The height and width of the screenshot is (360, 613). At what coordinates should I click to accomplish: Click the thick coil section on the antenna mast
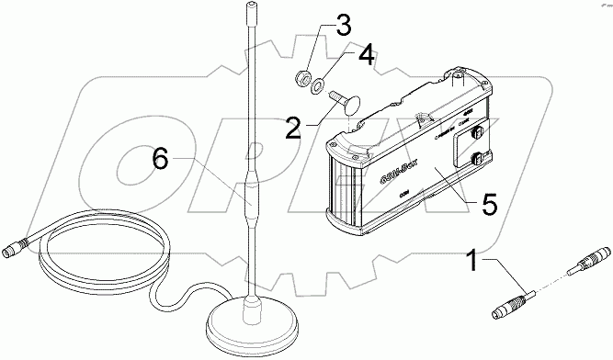click(249, 197)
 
